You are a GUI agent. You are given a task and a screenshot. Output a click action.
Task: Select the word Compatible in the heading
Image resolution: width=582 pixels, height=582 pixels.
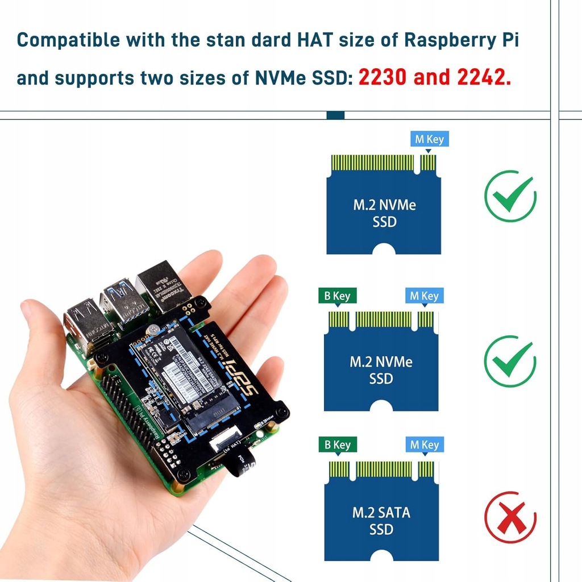pos(68,41)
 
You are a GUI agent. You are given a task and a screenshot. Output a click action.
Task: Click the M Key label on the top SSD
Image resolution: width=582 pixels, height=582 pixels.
pos(429,139)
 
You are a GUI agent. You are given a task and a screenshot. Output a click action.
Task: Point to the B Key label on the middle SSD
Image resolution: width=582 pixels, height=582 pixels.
pos(337,296)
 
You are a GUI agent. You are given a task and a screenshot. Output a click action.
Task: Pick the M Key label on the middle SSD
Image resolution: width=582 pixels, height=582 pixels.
pos(424,296)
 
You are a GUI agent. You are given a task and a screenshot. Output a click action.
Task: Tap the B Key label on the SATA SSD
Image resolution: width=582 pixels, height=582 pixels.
pos(337,445)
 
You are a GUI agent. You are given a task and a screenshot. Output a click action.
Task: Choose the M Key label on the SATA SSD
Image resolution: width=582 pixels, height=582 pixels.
pos(424,445)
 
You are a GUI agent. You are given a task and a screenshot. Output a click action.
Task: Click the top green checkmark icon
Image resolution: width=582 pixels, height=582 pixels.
pos(510,197)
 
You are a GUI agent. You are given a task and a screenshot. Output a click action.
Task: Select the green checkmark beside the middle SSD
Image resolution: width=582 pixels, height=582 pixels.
pos(510,361)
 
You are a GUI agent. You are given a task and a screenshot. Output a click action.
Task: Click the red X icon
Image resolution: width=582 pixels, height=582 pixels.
pos(510,517)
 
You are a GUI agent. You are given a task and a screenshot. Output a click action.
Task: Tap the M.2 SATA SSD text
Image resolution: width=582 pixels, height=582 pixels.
pos(381,521)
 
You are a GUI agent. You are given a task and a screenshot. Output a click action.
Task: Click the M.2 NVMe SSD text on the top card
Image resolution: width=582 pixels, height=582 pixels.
pos(384,213)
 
